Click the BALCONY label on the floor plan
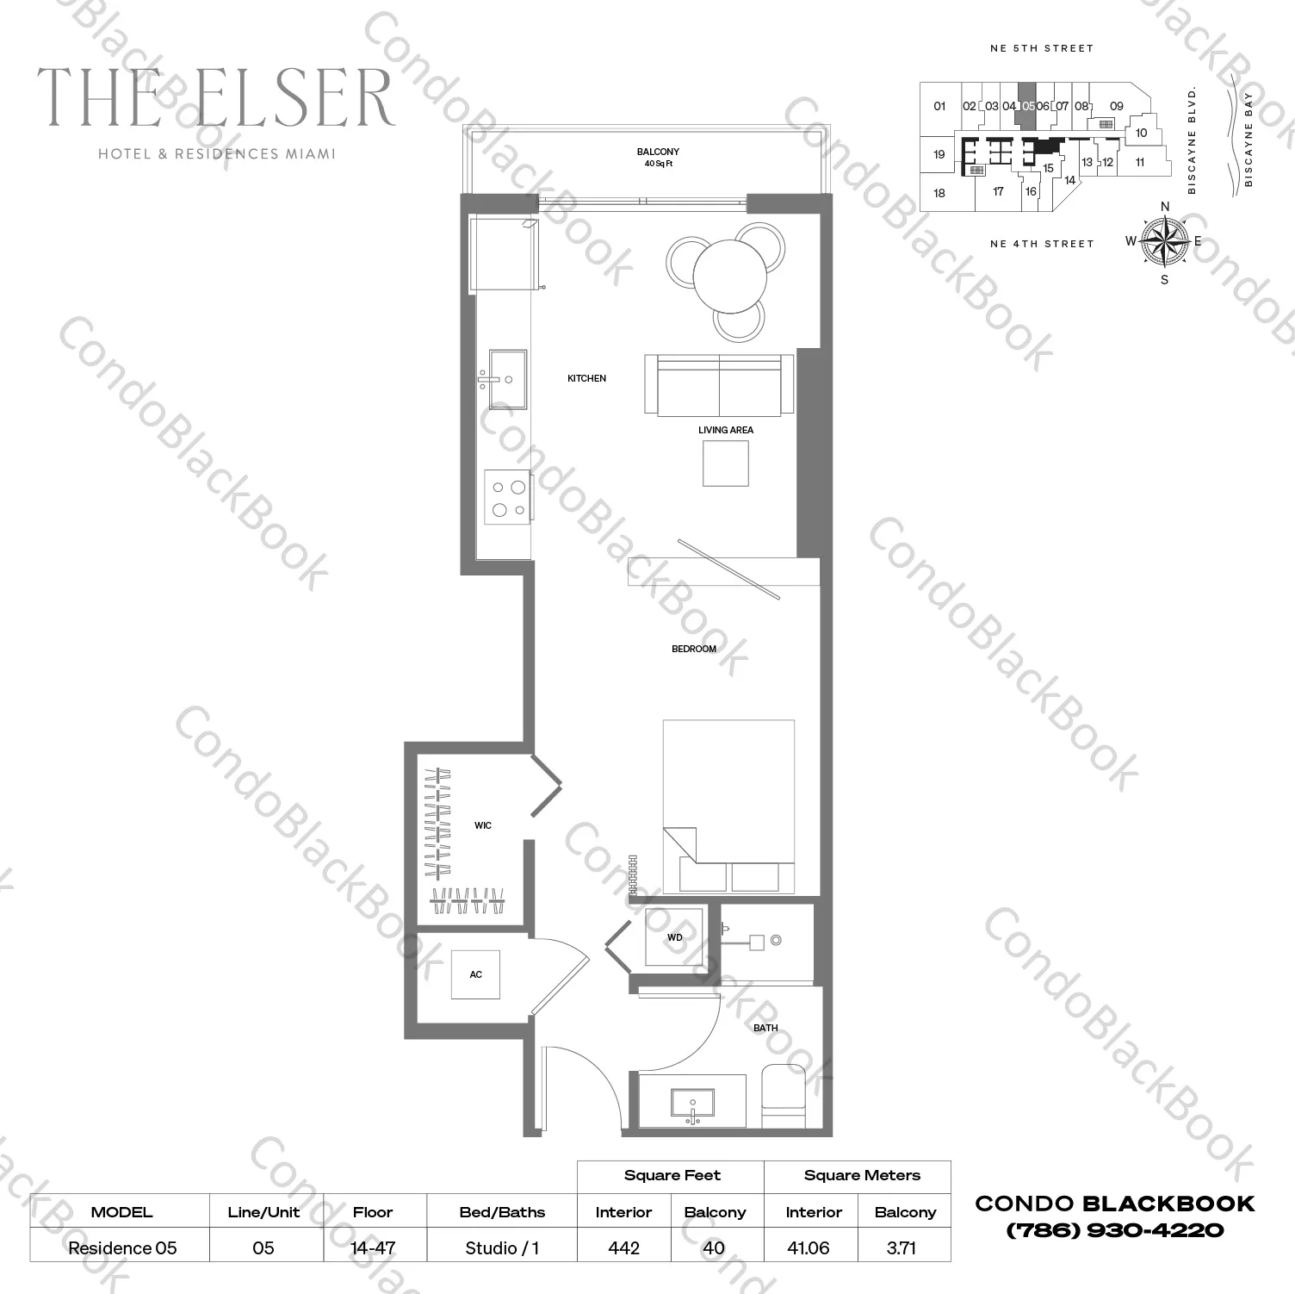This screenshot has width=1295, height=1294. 658,152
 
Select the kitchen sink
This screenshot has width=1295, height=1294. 507,378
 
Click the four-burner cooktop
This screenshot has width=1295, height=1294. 508,497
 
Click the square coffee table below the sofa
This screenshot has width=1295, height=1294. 725,463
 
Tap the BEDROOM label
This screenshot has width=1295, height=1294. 693,649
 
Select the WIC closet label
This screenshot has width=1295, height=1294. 482,825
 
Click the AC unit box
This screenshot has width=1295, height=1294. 475,974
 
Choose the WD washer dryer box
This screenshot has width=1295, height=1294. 675,937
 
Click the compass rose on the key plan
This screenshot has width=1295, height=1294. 1164,241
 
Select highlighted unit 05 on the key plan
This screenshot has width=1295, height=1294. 1027,107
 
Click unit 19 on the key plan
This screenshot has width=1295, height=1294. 939,154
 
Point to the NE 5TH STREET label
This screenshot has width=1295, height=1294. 1041,48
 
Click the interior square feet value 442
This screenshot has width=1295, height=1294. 623,1247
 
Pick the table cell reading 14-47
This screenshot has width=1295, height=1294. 373,1247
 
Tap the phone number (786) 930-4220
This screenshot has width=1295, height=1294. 1114,1230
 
